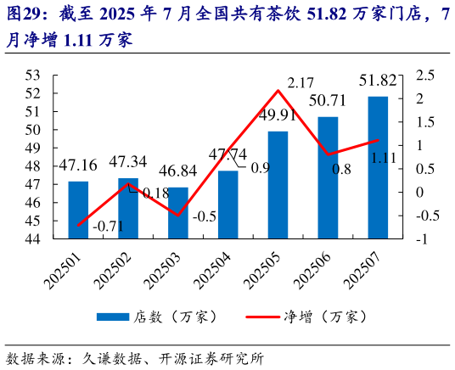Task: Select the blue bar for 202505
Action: pos(278,185)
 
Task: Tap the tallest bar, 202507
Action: pos(378,167)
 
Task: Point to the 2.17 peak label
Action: pos(302,82)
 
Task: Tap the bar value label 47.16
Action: pos(78,165)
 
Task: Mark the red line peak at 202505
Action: pos(278,91)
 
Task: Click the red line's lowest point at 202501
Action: pos(78,225)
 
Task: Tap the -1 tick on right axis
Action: pos(419,239)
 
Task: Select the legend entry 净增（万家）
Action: pos(310,317)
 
